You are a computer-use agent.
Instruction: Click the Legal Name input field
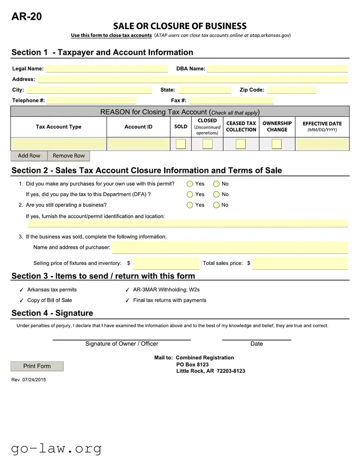point(106,69)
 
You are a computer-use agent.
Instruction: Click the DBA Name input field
point(277,69)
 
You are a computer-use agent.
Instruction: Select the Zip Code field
point(291,90)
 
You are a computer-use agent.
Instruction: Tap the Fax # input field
point(231,100)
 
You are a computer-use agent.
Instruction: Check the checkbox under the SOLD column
point(181,144)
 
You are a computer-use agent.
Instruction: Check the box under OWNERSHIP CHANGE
point(277,144)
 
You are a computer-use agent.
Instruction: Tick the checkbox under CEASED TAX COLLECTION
point(241,144)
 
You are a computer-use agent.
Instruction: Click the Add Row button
point(29,156)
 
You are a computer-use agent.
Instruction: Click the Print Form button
point(37,366)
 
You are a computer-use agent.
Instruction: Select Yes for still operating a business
point(190,205)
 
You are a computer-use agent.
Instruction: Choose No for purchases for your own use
point(216,184)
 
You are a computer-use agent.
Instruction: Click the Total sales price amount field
point(300,263)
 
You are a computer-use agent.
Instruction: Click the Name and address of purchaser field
point(230,248)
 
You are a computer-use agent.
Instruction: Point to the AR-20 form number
point(27,17)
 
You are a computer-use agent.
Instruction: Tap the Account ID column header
point(138,127)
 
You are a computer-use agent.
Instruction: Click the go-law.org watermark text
point(56,448)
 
